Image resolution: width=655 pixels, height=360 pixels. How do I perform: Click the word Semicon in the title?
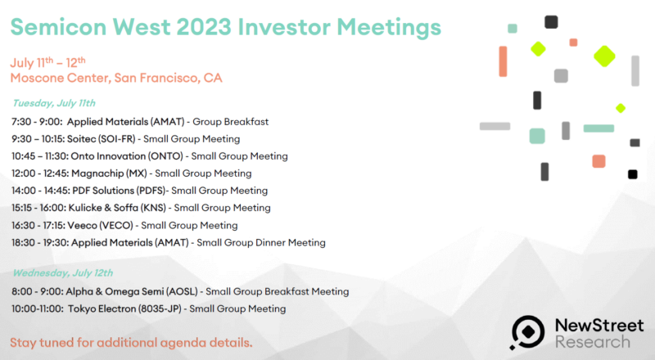click(x=58, y=27)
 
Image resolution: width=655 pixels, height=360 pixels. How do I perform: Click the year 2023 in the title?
click(x=204, y=27)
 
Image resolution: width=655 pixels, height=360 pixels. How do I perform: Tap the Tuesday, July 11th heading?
click(x=54, y=103)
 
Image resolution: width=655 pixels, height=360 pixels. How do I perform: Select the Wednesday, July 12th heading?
click(x=63, y=273)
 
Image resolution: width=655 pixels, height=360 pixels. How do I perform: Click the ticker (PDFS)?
click(x=151, y=191)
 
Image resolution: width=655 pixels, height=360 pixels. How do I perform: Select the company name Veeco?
click(x=82, y=226)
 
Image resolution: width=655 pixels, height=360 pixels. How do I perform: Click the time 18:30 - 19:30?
click(x=39, y=243)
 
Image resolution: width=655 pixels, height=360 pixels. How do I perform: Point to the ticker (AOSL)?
click(x=182, y=291)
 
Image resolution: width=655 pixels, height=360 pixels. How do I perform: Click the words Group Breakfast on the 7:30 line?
click(x=230, y=122)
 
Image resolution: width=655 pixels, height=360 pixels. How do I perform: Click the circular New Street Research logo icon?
click(x=527, y=332)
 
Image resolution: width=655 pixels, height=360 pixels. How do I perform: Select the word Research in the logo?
click(x=592, y=342)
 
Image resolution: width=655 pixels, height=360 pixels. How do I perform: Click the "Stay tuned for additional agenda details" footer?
click(x=131, y=343)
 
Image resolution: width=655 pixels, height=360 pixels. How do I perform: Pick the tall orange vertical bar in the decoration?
click(x=503, y=61)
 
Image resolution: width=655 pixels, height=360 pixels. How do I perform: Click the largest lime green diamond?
click(x=604, y=56)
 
